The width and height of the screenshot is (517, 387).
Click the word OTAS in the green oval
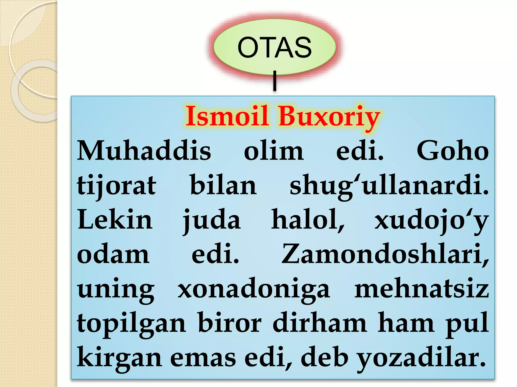pyautogui.click(x=274, y=47)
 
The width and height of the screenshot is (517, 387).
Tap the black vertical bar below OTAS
pyautogui.click(x=275, y=81)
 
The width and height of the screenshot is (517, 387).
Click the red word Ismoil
pyautogui.click(x=227, y=116)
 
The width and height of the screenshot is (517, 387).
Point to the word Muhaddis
pyautogui.click(x=144, y=151)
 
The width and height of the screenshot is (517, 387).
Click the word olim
pyautogui.click(x=274, y=151)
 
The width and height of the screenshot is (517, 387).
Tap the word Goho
pyautogui.click(x=453, y=151)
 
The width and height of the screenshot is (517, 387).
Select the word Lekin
pyautogui.click(x=115, y=220)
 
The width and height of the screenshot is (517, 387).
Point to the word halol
pyautogui.click(x=308, y=220)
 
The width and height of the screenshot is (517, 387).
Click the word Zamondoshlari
pyautogui.click(x=385, y=254)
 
